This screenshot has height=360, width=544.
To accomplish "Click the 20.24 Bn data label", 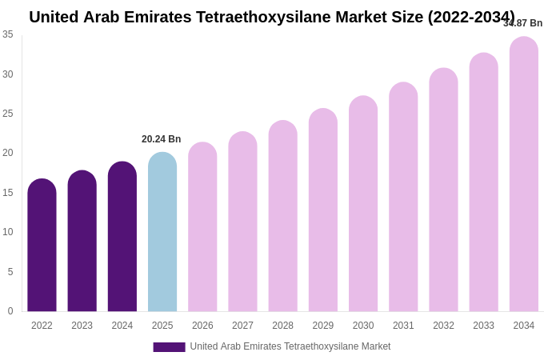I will [x=162, y=139].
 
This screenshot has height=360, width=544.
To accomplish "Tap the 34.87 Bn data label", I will [x=522, y=23].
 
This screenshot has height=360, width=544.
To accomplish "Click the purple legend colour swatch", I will [x=169, y=347].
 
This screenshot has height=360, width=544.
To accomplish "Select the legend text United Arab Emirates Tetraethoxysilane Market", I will [x=290, y=346].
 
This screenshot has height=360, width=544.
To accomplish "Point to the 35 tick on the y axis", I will [x=8, y=34].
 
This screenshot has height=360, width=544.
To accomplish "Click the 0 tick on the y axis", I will [x=10, y=311].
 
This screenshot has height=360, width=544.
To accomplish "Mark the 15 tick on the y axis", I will [x=8, y=193].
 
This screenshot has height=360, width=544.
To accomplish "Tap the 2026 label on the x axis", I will [x=202, y=326].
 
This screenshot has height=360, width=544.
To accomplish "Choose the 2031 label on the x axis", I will [x=403, y=326].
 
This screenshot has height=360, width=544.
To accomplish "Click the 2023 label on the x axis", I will [x=82, y=326].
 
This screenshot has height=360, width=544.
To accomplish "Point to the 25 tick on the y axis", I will [x=8, y=114].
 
